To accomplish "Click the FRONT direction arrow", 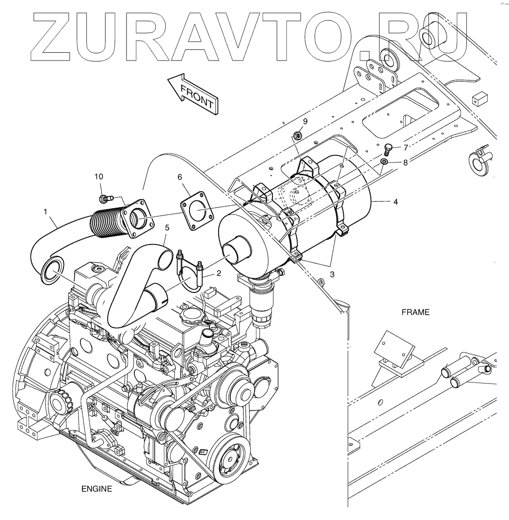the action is pyautogui.click(x=193, y=93).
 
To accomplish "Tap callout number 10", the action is pyautogui.click(x=99, y=177).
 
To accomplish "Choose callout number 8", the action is pyautogui.click(x=405, y=162).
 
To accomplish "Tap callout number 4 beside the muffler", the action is pyautogui.click(x=396, y=201).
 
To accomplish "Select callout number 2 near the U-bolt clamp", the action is pyautogui.click(x=219, y=273).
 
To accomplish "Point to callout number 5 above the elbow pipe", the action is pyautogui.click(x=167, y=227).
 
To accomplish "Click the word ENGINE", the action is pyautogui.click(x=96, y=489).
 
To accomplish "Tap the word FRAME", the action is pyautogui.click(x=415, y=312).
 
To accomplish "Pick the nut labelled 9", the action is pyautogui.click(x=298, y=136).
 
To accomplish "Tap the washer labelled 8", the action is pyautogui.click(x=383, y=161).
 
